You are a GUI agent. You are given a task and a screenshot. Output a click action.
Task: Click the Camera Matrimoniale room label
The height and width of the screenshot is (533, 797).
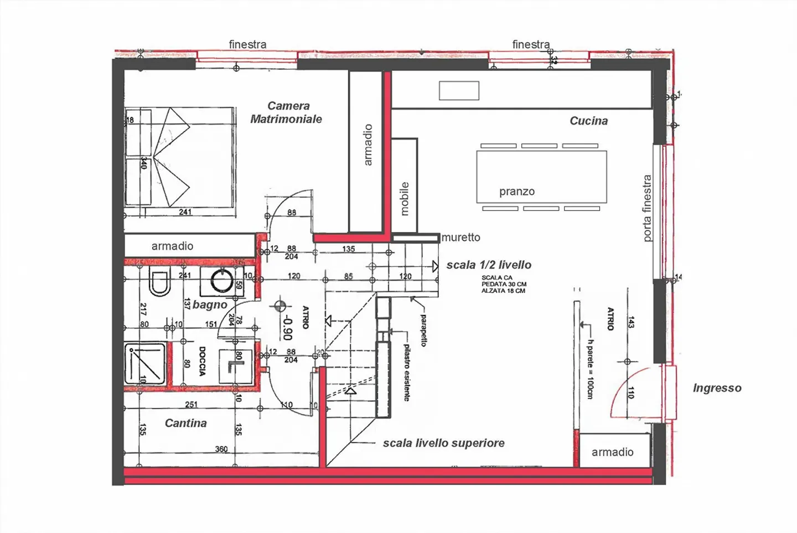coord(287,112)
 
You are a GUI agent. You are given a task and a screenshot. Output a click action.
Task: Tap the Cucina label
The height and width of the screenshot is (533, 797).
coord(588,121)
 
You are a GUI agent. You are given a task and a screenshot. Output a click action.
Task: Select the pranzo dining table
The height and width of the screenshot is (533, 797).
coord(541,177)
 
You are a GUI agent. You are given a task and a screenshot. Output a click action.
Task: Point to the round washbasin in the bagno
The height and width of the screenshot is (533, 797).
coord(222,280)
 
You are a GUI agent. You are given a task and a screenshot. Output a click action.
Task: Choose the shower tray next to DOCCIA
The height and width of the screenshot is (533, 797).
coord(145,363)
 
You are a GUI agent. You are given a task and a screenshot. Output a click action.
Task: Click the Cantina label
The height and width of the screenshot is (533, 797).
coord(185,423)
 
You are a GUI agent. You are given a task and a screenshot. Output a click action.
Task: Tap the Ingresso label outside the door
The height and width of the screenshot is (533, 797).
coord(717,388)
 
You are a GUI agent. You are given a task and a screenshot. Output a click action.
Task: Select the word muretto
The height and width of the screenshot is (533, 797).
coord(461,237)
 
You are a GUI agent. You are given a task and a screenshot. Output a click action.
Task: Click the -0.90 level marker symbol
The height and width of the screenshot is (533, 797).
coord(280,305)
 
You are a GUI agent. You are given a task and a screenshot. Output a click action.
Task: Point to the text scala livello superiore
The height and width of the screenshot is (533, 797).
coord(443,443)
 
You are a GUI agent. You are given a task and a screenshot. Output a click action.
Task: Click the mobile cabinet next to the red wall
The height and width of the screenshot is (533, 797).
coord(404,185)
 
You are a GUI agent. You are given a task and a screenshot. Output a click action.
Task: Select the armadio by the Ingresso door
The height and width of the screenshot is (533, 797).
coord(612,452)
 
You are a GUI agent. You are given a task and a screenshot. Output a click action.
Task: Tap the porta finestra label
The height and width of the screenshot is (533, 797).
coord(647,208)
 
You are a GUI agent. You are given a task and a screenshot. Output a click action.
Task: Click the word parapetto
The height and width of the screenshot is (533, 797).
coord(423,330)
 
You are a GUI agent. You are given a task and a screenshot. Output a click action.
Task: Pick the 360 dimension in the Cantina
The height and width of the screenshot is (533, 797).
coord(221,449)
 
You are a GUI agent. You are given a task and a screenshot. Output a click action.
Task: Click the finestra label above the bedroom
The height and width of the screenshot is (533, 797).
coord(247,44)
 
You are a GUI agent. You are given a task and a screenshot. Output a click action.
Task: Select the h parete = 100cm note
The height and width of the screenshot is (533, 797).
coord(591,369)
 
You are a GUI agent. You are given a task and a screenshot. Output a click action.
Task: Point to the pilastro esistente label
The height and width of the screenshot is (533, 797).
coord(407,372)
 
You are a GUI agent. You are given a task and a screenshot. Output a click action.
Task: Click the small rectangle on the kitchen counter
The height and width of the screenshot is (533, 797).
coord(459,91)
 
